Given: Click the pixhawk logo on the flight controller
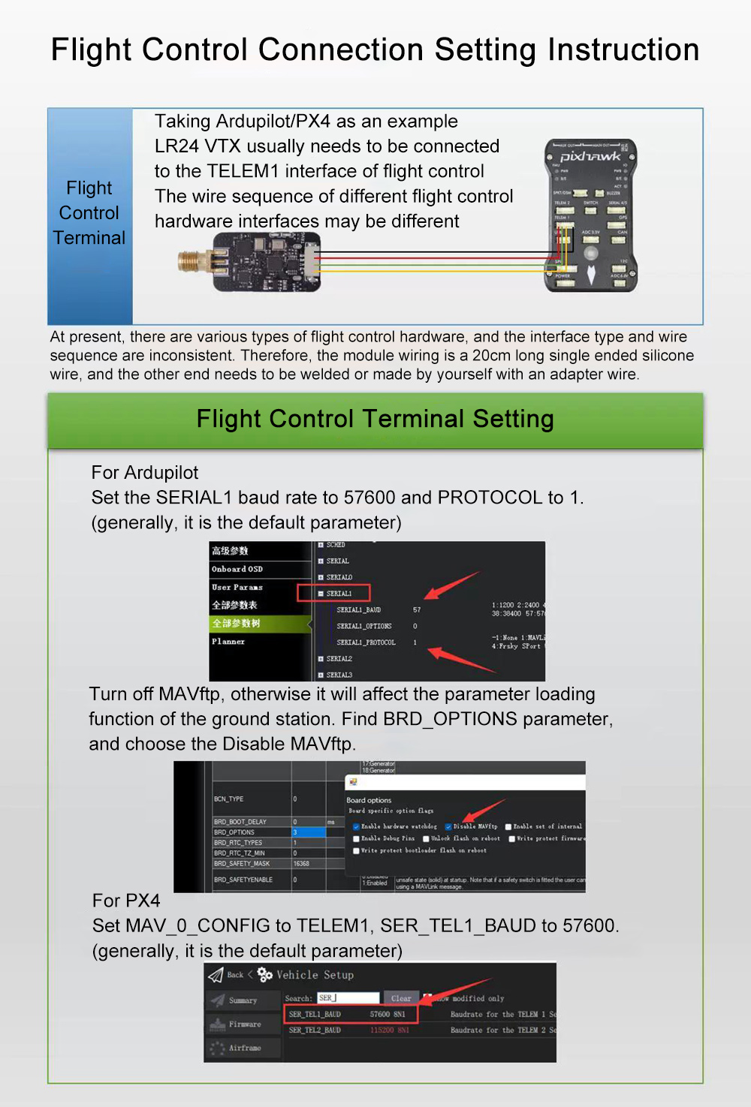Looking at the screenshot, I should [x=590, y=156].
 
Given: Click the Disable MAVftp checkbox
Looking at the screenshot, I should [x=448, y=827].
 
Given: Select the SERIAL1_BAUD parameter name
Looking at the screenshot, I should [x=359, y=610].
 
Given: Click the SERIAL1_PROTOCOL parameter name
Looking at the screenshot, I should [x=366, y=642].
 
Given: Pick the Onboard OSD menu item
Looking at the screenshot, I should [x=237, y=569].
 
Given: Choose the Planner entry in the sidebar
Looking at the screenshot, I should [x=228, y=642].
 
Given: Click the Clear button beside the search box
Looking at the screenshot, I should [x=401, y=998].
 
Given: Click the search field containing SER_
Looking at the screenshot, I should [x=348, y=998].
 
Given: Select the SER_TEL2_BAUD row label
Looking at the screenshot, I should [x=315, y=1030].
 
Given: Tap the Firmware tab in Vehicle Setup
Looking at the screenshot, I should [x=245, y=1024].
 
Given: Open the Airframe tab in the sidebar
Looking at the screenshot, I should [x=245, y=1048].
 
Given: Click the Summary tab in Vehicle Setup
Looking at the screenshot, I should [x=243, y=1000].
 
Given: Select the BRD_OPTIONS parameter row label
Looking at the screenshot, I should [x=234, y=832].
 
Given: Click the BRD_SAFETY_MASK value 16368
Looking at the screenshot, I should [x=301, y=864].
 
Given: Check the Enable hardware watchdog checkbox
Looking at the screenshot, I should [x=356, y=827].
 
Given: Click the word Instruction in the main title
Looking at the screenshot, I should [x=623, y=50].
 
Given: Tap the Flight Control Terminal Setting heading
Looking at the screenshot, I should [x=375, y=419].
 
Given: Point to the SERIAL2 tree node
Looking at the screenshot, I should [x=339, y=659].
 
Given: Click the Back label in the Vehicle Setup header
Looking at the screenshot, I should [x=235, y=975].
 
